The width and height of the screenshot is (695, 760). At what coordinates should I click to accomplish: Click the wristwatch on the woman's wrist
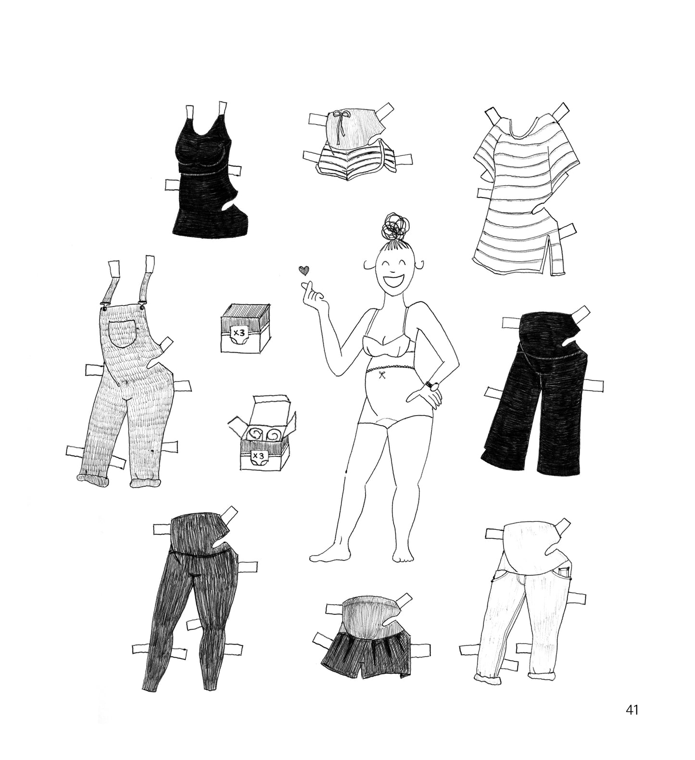(x=432, y=386)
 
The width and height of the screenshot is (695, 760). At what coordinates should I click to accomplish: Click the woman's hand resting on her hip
(x=425, y=397)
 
